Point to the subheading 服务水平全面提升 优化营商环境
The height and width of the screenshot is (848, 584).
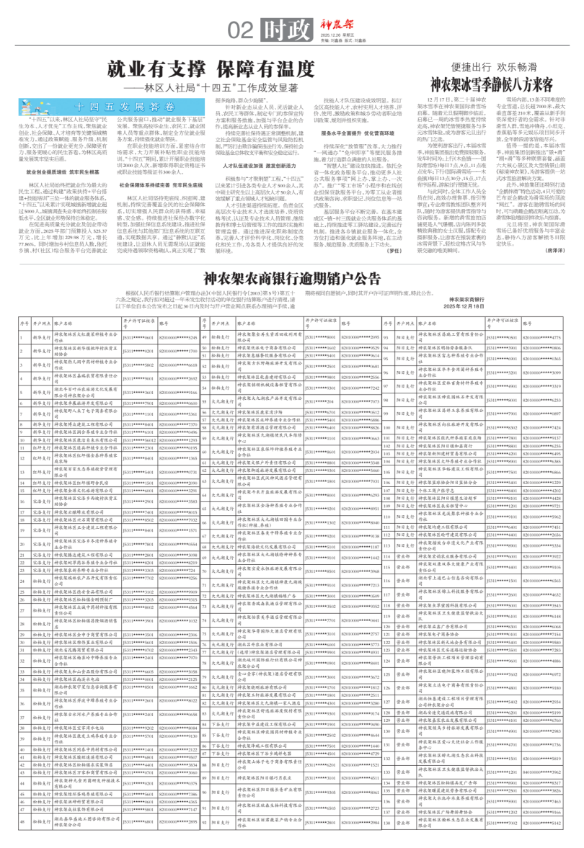[x=360, y=134]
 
